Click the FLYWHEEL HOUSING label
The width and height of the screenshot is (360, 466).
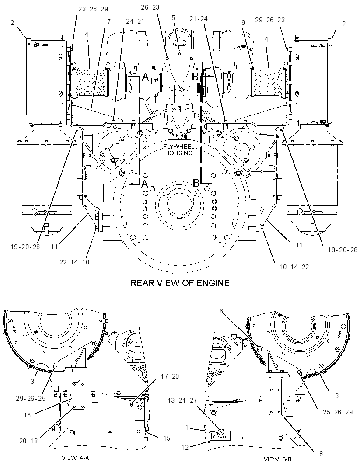click(179, 150)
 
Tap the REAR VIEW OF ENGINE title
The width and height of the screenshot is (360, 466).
click(180, 283)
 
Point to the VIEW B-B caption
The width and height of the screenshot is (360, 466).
click(278, 459)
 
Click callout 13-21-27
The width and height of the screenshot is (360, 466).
click(183, 400)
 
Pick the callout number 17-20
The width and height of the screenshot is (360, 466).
click(170, 376)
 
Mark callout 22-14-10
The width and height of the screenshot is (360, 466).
click(74, 262)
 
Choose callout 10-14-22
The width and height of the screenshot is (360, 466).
click(294, 267)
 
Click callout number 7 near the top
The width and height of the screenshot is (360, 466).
click(109, 21)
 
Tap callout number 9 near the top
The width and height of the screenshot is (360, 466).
click(243, 22)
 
